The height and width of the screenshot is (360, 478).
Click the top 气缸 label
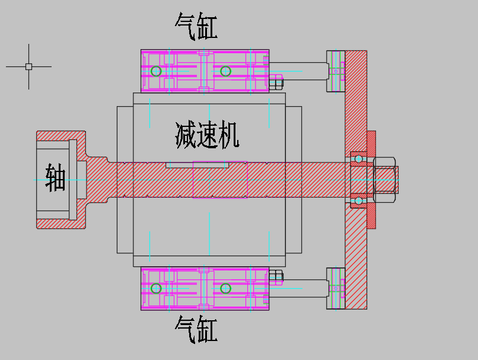point(196,27)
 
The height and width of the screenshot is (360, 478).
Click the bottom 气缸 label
point(196,330)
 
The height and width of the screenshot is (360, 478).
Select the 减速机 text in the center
point(207,135)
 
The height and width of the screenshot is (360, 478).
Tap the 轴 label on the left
point(55,178)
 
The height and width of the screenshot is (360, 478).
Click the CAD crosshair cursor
point(28,66)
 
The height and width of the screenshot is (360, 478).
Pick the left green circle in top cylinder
point(156,71)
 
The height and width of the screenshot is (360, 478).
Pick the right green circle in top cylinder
point(225,71)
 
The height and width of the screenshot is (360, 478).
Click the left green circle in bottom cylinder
point(156,288)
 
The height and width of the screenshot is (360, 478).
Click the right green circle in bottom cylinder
point(225,288)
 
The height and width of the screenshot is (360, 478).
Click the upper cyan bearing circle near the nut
point(359,159)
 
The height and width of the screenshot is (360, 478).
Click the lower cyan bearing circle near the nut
point(359,201)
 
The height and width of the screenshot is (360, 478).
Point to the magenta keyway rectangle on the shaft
point(219,180)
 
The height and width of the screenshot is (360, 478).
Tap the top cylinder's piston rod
point(299,71)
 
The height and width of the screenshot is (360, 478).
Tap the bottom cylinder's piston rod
point(299,288)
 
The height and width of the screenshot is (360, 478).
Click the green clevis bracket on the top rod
point(336,71)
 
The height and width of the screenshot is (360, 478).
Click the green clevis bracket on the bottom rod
point(336,288)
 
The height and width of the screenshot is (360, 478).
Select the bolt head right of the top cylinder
point(276,82)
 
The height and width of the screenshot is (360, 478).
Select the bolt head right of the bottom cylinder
point(276,276)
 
